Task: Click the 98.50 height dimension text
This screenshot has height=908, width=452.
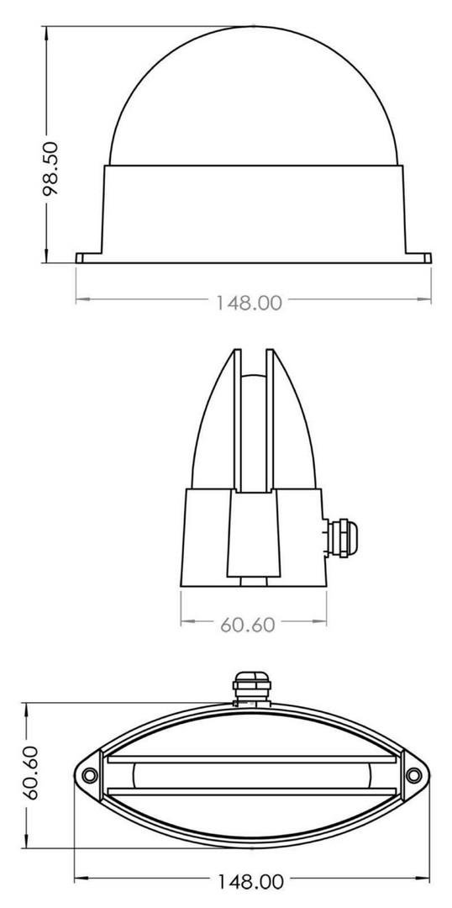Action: click(x=51, y=168)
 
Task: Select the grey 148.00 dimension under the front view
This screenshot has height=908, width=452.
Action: click(x=250, y=303)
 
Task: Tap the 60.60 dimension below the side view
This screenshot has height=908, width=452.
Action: click(x=247, y=624)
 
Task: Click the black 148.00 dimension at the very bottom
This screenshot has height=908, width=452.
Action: click(x=250, y=882)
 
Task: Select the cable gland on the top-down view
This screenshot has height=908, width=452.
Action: click(x=251, y=689)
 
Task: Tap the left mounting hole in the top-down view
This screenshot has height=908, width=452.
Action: click(x=89, y=775)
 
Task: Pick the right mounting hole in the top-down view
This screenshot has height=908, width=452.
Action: click(x=413, y=775)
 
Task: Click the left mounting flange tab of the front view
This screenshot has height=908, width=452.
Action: click(x=89, y=258)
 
